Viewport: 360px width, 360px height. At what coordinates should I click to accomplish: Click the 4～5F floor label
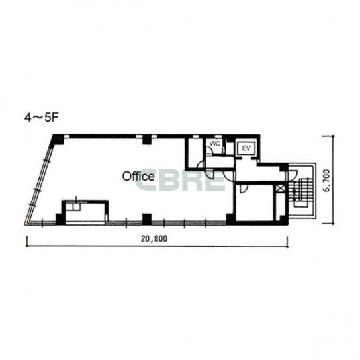click(40, 118)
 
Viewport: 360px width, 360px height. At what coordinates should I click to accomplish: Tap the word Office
click(138, 176)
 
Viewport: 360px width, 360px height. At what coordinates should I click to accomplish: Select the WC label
click(215, 144)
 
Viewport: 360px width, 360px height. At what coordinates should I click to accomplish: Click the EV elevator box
click(246, 148)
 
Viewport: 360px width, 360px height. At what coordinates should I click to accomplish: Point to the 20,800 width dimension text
click(154, 239)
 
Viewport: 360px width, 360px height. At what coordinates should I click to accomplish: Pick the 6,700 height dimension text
click(326, 180)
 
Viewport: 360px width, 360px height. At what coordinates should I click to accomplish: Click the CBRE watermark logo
click(180, 179)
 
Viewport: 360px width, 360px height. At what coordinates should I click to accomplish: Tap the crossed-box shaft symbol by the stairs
click(280, 189)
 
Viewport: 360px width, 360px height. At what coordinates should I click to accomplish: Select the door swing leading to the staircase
click(293, 175)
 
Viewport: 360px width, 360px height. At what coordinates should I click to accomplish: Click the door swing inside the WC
click(209, 150)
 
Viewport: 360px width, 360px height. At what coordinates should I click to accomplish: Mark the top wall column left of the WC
click(146, 140)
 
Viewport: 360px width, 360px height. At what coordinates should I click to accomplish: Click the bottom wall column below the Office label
click(147, 219)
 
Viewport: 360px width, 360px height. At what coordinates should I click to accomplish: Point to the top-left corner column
click(58, 140)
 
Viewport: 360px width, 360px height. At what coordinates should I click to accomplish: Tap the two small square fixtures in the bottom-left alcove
click(73, 206)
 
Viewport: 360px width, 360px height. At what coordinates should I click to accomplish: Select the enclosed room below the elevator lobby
click(254, 202)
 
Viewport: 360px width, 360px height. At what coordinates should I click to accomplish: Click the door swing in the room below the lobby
click(243, 188)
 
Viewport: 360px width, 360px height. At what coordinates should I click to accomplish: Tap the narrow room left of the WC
click(195, 154)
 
